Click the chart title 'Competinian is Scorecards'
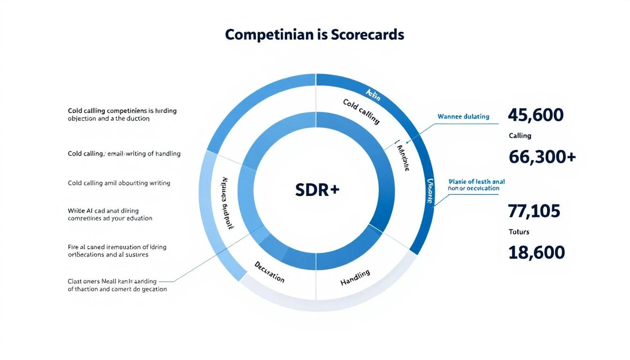coord(314,35)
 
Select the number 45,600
coord(535,115)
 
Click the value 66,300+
coord(542,157)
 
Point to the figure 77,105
coord(534,211)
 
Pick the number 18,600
coord(536,253)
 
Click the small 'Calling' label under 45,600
coord(520,136)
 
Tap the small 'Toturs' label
coord(519,232)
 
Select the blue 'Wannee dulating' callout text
coord(463,116)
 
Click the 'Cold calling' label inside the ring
coord(361,111)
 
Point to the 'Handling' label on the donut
coord(355,278)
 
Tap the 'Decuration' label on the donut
coord(269,272)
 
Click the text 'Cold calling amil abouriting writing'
coord(119,183)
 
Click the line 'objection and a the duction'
coord(108,119)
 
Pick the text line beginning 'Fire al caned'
coord(117,247)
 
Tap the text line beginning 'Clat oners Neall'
coord(112,282)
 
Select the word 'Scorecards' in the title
coord(367,35)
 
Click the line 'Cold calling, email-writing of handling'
coord(124,154)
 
